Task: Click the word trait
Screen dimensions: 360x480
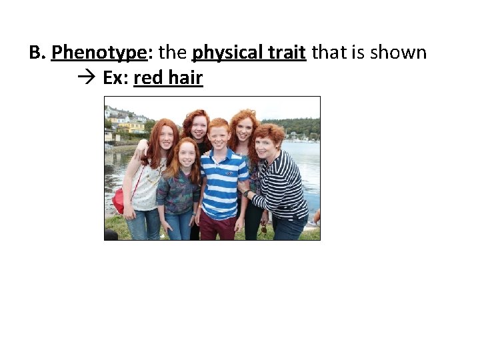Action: (x=287, y=53)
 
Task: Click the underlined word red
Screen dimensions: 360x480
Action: (x=149, y=78)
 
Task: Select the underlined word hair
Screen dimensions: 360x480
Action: (x=185, y=78)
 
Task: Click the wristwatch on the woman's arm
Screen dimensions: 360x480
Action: (x=246, y=193)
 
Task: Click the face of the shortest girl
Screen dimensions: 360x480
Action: (x=187, y=154)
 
